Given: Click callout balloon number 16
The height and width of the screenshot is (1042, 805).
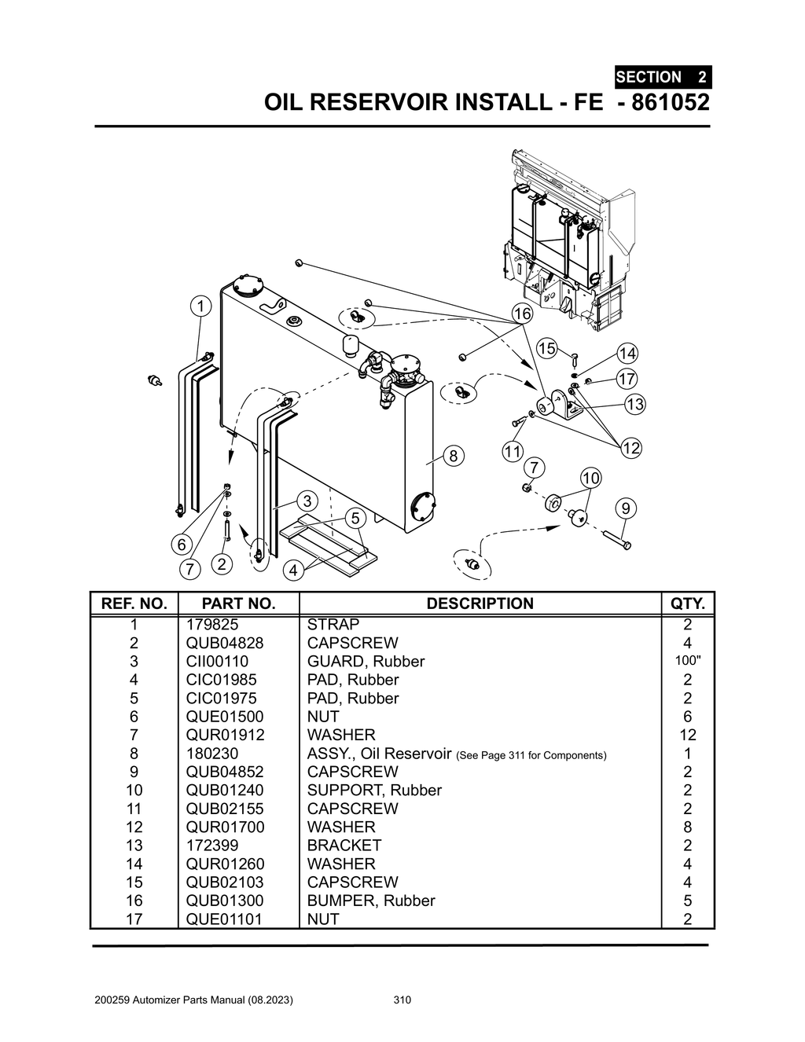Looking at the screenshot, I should (522, 314).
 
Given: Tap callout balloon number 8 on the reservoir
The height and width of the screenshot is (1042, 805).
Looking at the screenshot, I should (454, 456).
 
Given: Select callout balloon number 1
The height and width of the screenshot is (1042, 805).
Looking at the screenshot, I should (201, 306).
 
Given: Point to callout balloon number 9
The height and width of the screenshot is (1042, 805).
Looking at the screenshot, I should (625, 508).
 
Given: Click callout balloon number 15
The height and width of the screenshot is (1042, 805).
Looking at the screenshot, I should (546, 348).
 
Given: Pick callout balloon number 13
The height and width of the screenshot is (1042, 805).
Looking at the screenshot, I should (634, 405).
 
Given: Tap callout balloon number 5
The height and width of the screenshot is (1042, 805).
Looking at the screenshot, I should (355, 519).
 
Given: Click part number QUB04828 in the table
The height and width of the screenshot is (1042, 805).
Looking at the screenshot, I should (225, 643).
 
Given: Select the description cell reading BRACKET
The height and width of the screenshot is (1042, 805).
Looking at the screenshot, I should (344, 846).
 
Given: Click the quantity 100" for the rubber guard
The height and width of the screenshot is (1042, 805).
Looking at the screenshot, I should (688, 660).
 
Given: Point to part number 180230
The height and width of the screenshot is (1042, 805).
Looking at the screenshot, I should (212, 754).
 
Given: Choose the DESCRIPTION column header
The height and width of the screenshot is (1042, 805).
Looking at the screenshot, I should (480, 604).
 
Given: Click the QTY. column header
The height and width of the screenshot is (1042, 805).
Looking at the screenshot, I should (688, 604).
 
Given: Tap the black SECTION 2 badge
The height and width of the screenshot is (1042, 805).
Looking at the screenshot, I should (662, 77).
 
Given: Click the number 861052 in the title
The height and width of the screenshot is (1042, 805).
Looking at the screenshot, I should (664, 102).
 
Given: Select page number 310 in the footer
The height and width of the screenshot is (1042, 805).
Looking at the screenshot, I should (402, 1000).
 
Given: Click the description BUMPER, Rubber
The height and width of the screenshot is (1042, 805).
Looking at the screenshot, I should (370, 901).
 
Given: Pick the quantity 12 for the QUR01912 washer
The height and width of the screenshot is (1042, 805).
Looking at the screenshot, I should (688, 735).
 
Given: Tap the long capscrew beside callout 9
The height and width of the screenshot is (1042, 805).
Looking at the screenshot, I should (617, 540).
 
